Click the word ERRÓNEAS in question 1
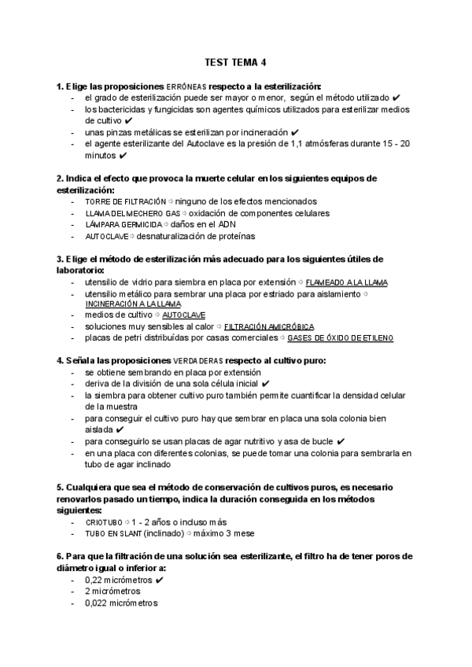pos(186,86)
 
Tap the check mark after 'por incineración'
pos(294,132)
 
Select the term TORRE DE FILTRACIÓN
pos(126,201)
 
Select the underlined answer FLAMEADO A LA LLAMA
pos(346,282)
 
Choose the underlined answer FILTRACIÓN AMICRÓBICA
pos(269,326)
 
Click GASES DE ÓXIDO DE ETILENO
pos(341,338)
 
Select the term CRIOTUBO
pos(103,521)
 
